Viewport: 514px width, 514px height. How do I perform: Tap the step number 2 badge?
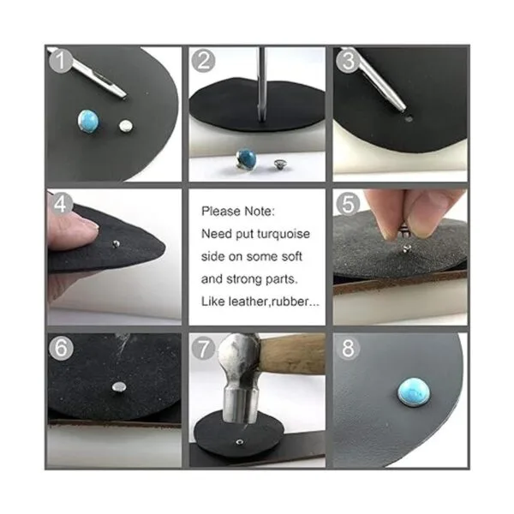coord(204,61)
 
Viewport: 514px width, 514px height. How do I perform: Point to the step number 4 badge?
coord(61,204)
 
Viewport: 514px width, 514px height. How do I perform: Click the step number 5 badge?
coord(348,204)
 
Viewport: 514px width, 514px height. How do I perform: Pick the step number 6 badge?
coord(61,347)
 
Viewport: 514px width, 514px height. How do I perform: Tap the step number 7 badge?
coord(204,348)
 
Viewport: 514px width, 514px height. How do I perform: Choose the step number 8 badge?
coord(348,349)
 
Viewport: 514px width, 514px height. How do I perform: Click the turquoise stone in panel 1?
coord(88,122)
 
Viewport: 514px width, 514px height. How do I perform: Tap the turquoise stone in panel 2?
coord(246,158)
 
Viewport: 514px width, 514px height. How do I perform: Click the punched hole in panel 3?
coord(408,119)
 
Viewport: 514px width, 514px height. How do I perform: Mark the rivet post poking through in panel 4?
coord(116,243)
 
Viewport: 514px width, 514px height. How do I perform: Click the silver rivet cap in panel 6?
coord(119,387)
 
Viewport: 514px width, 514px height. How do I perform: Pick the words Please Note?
coord(238,212)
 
